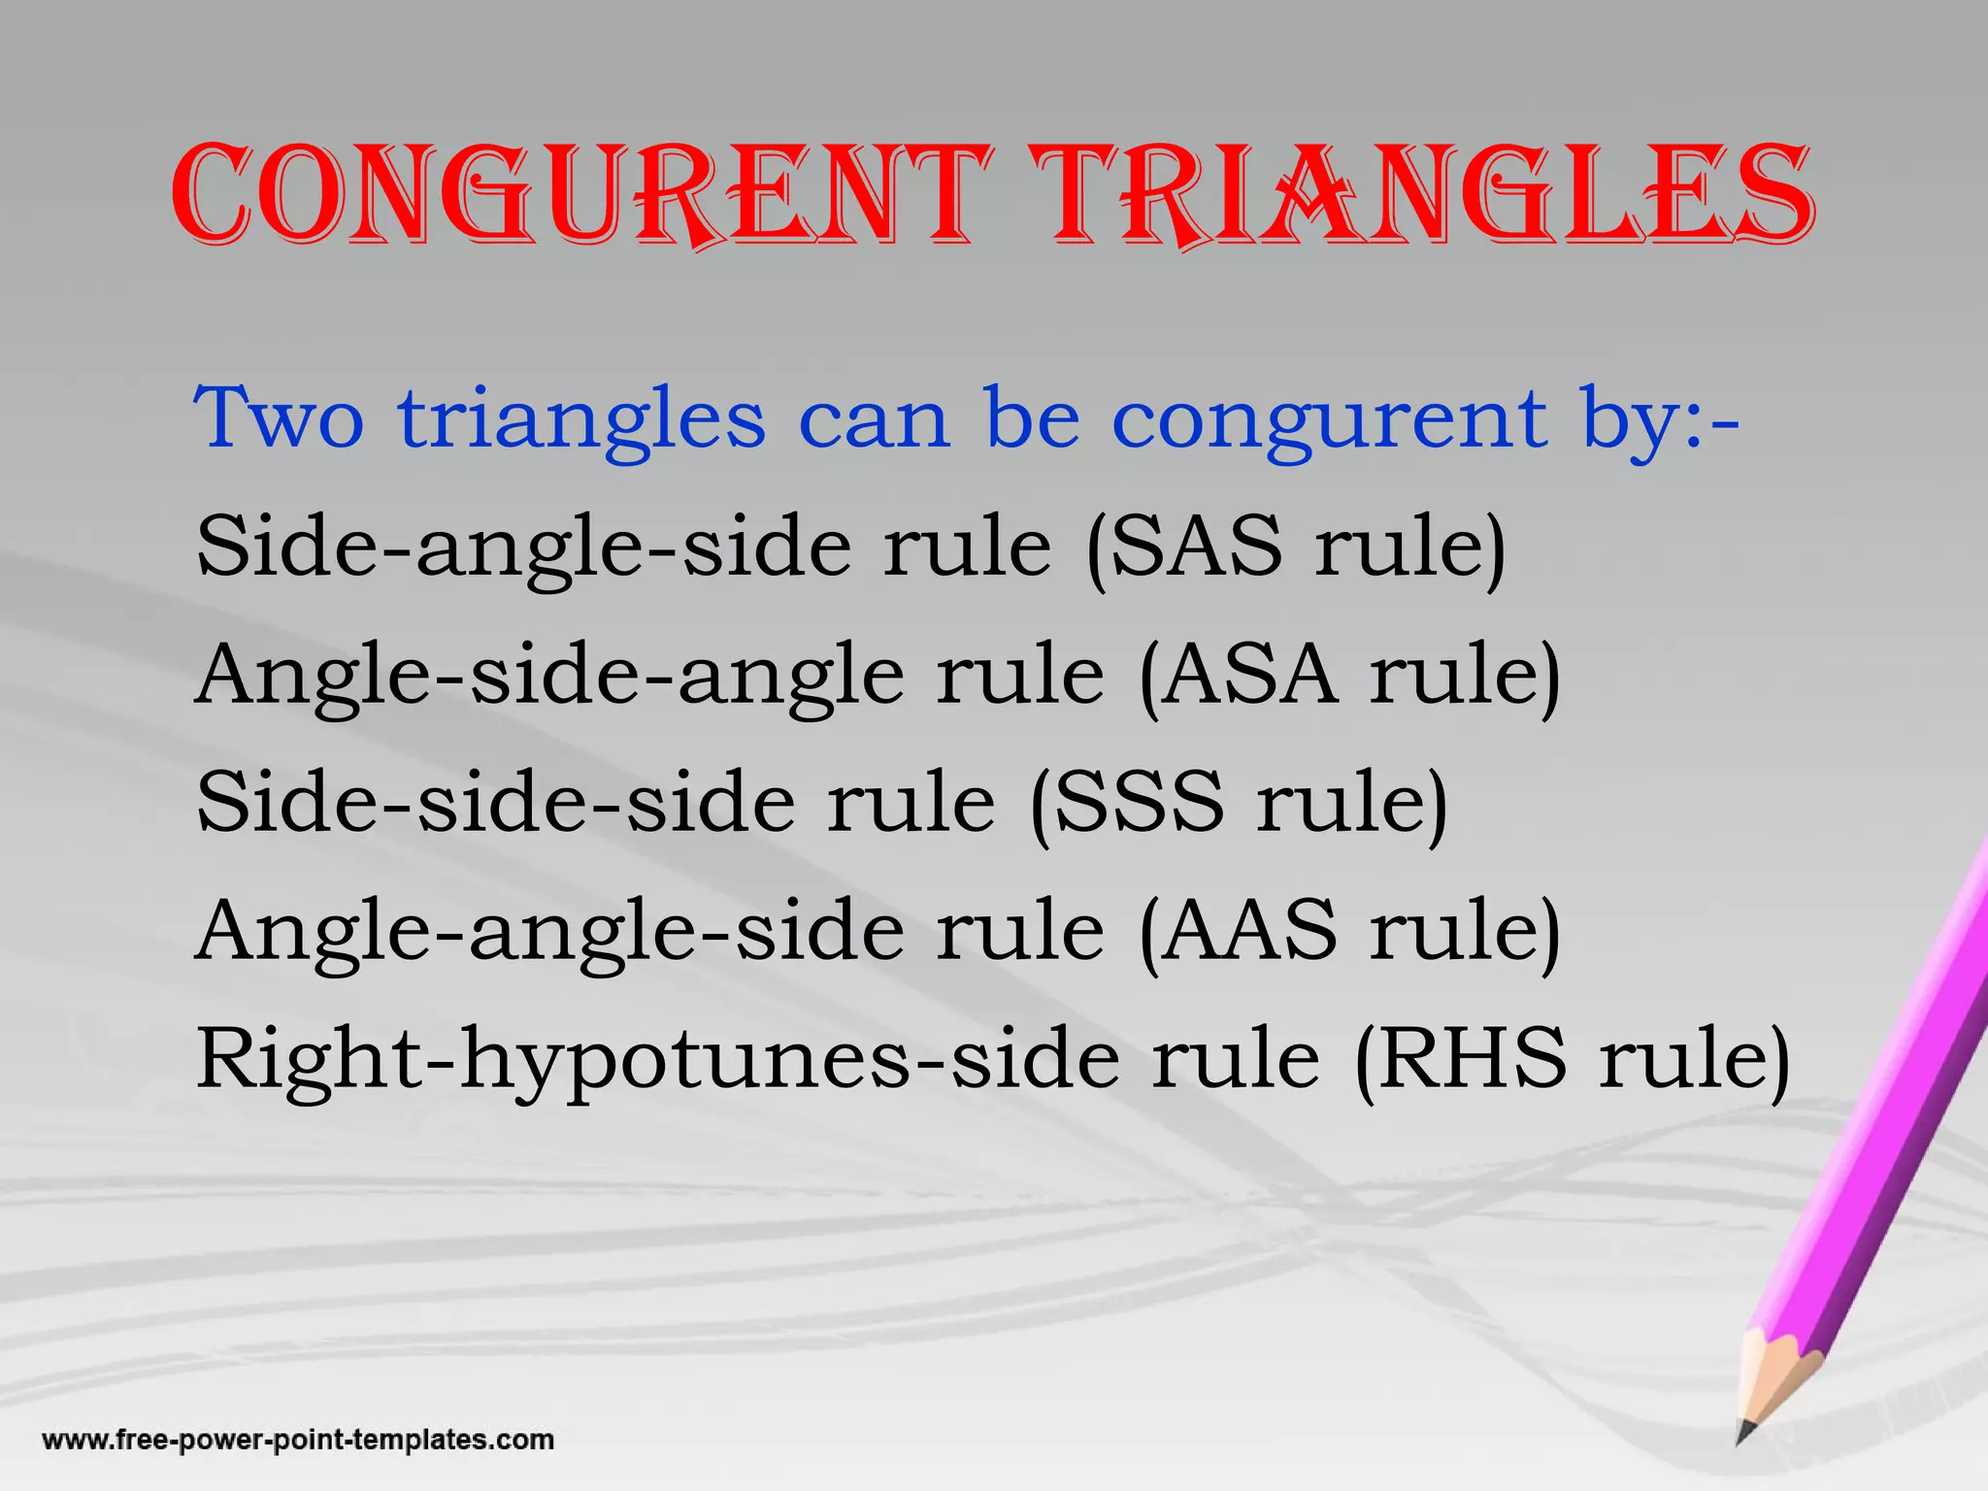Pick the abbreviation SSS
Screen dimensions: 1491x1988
1138,802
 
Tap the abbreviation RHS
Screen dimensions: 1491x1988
1470,1058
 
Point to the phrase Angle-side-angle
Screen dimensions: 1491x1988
551,676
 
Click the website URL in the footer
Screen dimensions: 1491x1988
298,1439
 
